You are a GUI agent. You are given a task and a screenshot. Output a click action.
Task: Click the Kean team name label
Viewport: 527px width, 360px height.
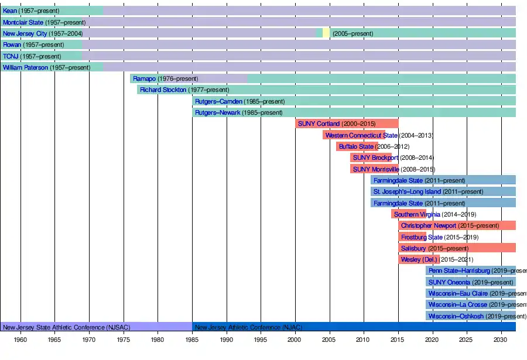coord(10,11)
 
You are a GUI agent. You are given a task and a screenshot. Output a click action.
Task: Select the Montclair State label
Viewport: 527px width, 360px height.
coord(23,22)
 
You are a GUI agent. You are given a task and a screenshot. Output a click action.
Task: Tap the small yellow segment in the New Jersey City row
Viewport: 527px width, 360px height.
coord(326,33)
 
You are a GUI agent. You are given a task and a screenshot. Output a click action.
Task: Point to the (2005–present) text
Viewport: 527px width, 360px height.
coord(353,33)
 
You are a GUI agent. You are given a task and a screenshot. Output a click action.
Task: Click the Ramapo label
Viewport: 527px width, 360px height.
coord(143,78)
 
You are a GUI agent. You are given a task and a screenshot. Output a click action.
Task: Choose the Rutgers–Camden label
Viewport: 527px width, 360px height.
coord(218,101)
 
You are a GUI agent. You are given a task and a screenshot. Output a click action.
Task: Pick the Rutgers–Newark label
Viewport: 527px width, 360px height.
coord(217,112)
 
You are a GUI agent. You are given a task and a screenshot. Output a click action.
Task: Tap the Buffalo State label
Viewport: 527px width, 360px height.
coord(356,146)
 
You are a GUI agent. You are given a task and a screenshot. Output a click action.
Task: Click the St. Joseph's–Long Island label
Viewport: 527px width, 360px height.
coord(407,191)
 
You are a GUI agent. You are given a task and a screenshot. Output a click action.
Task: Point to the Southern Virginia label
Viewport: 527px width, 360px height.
coord(417,214)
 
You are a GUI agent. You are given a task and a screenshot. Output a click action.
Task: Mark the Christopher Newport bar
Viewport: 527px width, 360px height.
coord(457,225)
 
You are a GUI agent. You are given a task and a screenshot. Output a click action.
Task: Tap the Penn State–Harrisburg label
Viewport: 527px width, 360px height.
coord(459,270)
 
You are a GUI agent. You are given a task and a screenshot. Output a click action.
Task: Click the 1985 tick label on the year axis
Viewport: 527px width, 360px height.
coord(192,340)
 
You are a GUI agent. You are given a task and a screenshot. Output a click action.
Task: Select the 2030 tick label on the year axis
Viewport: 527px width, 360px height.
coord(501,340)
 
